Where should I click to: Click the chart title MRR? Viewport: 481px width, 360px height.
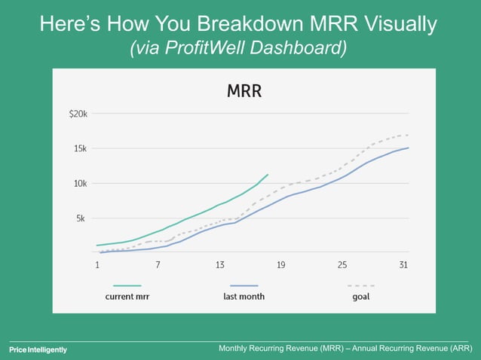click(x=244, y=92)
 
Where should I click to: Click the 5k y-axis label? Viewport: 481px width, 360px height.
click(x=81, y=218)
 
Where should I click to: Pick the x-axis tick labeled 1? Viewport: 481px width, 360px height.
click(x=97, y=265)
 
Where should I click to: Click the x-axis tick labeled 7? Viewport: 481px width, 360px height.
click(x=158, y=265)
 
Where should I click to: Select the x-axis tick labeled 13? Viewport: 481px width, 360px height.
click(x=219, y=265)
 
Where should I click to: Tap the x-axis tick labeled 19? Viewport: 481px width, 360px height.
click(x=280, y=265)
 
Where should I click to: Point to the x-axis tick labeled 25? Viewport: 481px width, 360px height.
click(x=342, y=265)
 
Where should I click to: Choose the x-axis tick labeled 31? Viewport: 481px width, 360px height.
click(x=403, y=265)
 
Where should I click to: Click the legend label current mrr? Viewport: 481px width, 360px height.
click(x=127, y=297)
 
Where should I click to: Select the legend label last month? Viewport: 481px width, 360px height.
click(x=244, y=297)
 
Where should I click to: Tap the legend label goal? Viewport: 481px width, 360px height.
click(x=360, y=297)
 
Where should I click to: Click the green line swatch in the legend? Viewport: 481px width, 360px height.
click(x=127, y=285)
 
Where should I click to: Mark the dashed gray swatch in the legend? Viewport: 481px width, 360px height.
click(x=361, y=285)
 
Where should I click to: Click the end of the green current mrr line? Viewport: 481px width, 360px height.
click(x=268, y=174)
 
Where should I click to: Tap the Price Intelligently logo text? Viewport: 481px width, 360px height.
click(x=38, y=349)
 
